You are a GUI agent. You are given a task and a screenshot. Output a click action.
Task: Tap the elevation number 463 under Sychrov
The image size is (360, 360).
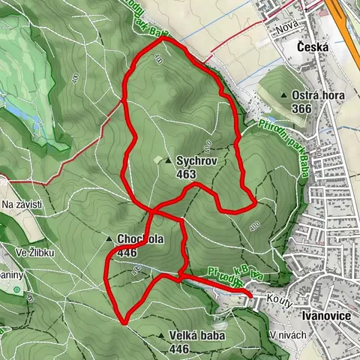(187, 174)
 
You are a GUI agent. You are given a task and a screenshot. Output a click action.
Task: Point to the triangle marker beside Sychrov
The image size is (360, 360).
(169, 160)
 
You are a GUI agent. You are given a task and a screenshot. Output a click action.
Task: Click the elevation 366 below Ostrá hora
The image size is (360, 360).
(301, 108)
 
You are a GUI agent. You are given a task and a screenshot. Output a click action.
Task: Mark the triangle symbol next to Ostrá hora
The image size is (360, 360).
(283, 96)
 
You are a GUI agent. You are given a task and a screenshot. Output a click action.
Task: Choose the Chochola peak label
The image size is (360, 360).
(140, 239)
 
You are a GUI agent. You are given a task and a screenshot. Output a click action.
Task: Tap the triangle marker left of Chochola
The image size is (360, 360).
(109, 240)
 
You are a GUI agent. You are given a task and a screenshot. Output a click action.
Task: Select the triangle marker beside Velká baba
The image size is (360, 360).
(161, 337)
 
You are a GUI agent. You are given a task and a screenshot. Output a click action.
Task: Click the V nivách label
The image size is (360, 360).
(289, 334)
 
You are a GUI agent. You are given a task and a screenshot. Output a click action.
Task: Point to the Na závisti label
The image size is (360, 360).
(22, 204)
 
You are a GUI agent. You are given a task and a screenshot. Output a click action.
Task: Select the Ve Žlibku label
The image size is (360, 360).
(28, 253)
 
